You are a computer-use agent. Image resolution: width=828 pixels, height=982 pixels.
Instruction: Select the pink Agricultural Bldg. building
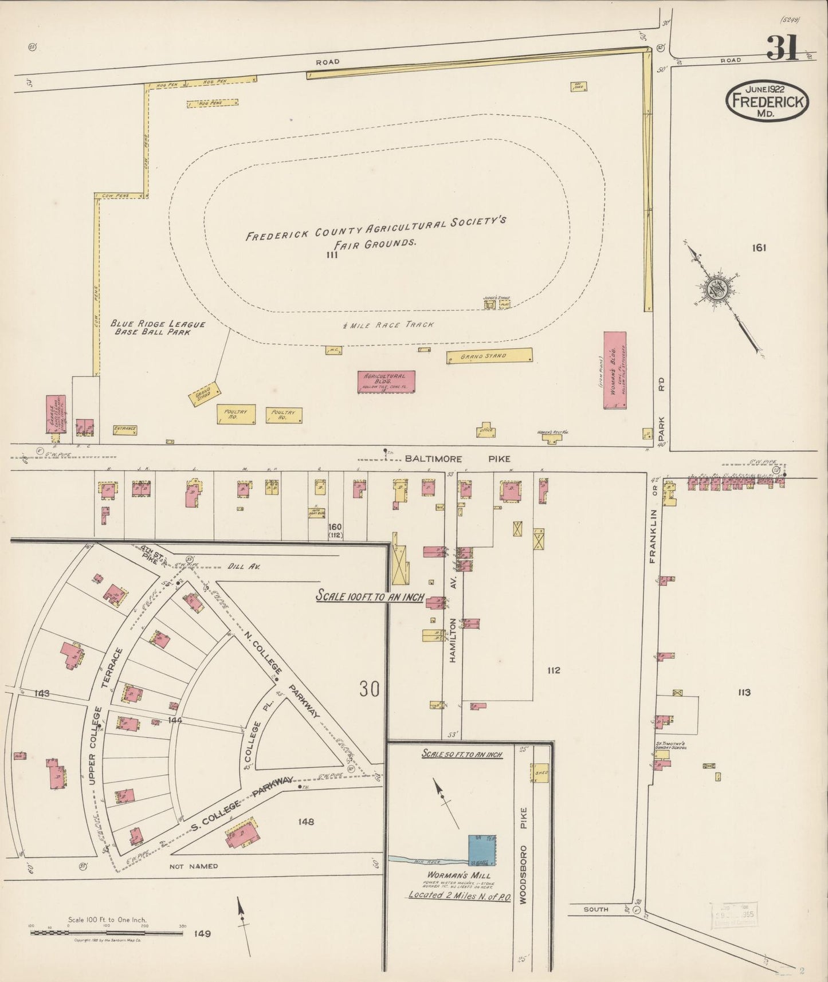(386, 382)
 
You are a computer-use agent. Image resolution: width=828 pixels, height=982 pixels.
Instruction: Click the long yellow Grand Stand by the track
(489, 356)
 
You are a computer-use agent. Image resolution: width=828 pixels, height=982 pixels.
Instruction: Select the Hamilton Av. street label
(453, 641)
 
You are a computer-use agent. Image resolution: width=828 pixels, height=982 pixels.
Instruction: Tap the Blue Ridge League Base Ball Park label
(157, 328)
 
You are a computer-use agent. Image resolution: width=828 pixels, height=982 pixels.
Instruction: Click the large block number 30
(370, 689)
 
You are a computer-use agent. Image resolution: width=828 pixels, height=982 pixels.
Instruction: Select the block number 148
(306, 822)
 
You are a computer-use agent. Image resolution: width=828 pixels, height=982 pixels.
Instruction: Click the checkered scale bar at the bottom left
(107, 933)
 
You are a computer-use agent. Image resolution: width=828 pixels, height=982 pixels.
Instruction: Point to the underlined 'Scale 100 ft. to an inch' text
(370, 597)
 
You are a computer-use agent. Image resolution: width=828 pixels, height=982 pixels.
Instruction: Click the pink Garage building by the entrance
(56, 414)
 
